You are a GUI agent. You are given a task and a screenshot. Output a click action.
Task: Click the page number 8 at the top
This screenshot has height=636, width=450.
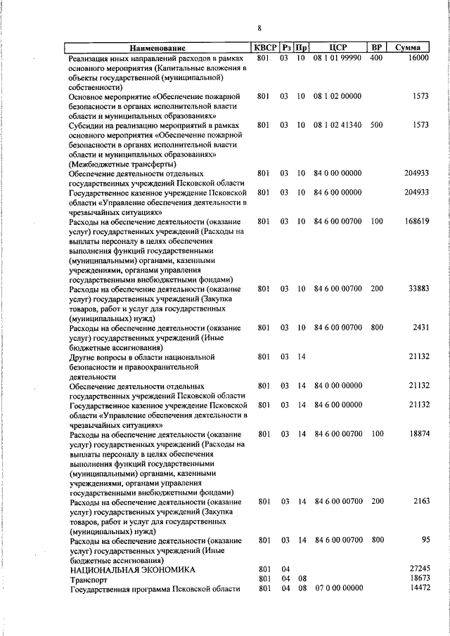coord(259,28)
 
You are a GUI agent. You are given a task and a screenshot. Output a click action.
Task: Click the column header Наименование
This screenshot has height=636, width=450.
coord(159,48)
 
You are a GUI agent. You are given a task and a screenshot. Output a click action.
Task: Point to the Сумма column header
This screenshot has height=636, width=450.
coord(408,48)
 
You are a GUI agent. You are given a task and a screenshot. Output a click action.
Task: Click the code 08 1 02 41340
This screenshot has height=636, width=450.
coord(338,125)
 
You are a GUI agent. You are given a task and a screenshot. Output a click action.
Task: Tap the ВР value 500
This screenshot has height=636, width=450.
coord(375,125)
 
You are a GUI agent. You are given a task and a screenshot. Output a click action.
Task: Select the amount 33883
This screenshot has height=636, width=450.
coord(417,289)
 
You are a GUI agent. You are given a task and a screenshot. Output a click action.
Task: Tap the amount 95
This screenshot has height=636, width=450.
coord(424,540)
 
